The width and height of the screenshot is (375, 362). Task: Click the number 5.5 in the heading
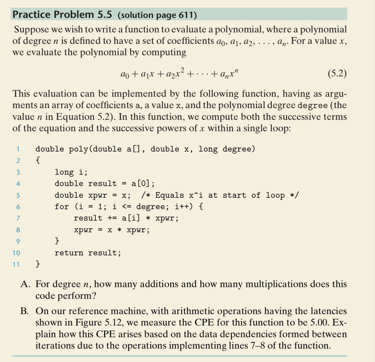tap(105, 14)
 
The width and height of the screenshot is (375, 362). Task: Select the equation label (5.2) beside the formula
tap(337, 73)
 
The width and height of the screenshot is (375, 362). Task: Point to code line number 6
tap(18, 207)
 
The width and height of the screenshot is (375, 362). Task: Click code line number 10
tap(16, 253)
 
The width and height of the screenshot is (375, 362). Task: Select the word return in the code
tap(69, 253)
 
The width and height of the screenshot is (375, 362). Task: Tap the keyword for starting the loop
tap(62, 207)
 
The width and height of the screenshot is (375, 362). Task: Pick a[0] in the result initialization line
tap(140, 184)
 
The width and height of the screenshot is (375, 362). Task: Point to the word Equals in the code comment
tap(170, 195)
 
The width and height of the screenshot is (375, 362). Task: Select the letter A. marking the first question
tap(25, 284)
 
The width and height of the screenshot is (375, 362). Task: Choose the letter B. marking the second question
tap(24, 311)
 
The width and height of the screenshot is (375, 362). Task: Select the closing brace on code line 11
tap(38, 264)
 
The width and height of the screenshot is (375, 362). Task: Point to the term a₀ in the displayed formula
tap(125, 74)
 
